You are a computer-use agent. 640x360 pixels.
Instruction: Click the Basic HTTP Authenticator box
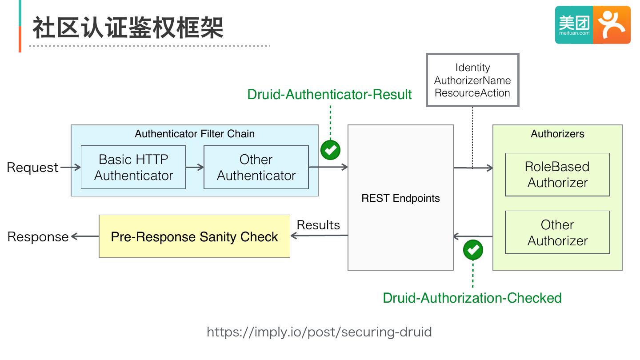point(133,167)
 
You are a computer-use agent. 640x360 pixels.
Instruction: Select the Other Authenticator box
point(256,167)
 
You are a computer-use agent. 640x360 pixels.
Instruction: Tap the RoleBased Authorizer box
point(557,174)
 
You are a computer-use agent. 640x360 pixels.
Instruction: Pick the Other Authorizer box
point(557,232)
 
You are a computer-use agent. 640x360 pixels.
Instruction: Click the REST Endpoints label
point(400,198)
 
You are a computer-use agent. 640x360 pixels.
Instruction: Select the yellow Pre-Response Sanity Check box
point(194,236)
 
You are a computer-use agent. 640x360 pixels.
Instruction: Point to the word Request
point(32,168)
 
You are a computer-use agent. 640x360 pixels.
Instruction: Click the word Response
point(38,237)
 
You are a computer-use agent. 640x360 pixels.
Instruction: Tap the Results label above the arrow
point(318,225)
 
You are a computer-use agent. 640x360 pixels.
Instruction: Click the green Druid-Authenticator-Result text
point(329,94)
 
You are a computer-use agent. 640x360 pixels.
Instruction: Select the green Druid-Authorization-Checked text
point(472,298)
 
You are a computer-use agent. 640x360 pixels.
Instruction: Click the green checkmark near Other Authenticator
point(330,150)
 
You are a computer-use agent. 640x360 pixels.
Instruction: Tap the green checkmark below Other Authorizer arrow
point(473,250)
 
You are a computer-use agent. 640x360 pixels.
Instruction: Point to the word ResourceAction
point(472,93)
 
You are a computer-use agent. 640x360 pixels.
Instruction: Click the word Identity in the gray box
point(472,68)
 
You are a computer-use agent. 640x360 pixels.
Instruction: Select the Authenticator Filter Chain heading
point(195,134)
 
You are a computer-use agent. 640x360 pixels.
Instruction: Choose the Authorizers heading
point(557,134)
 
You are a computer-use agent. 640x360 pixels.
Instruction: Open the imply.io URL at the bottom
point(319,332)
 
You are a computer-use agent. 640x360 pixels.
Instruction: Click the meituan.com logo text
point(574,33)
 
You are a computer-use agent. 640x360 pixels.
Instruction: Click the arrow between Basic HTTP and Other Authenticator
point(195,167)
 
